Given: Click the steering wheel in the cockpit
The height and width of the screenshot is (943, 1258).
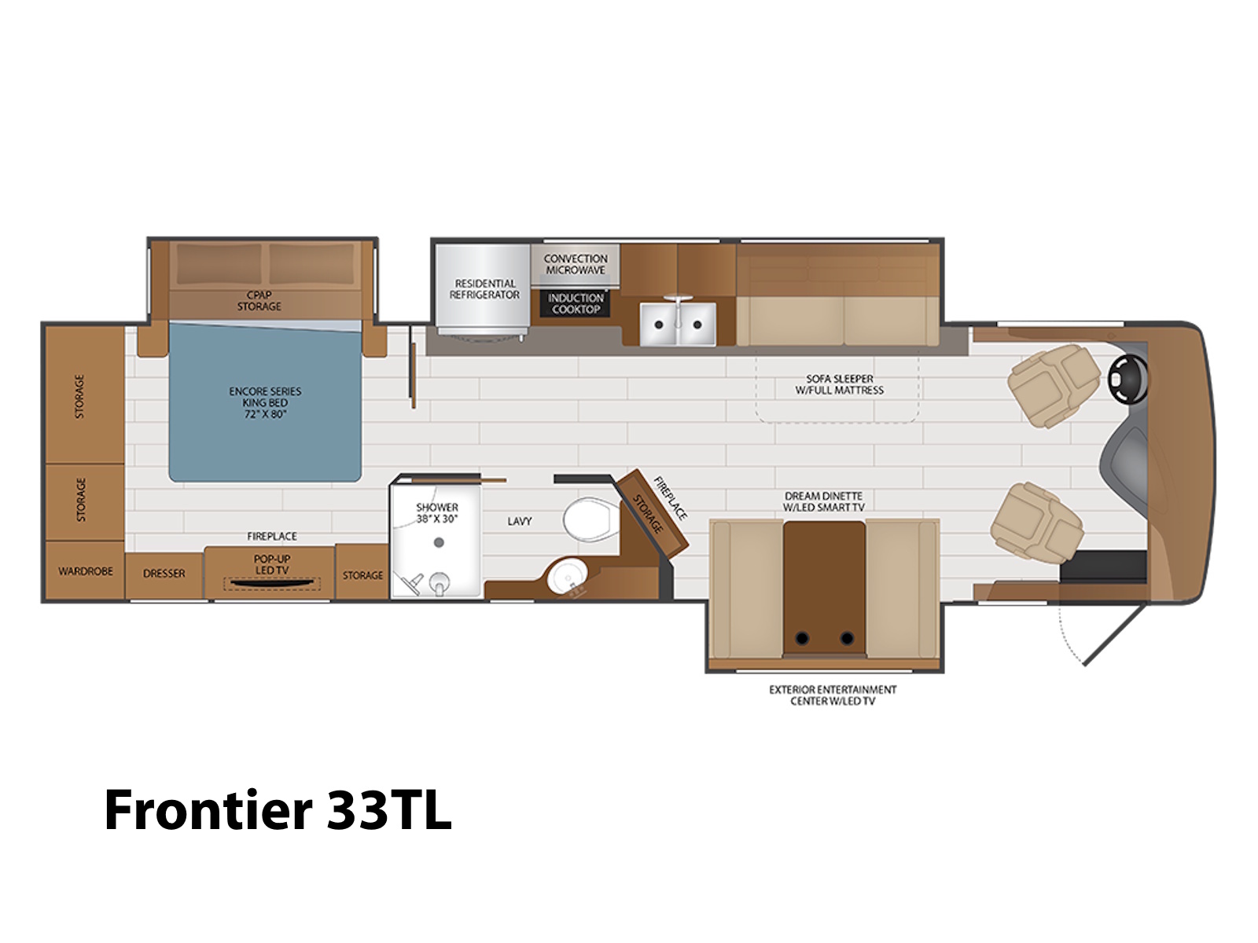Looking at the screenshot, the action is coord(1128,378).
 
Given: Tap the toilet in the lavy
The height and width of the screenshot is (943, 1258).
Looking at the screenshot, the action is coord(591,518).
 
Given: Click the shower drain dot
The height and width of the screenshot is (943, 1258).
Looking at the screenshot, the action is coord(439,542).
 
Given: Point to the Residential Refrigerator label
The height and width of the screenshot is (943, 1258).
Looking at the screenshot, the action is coord(484,289).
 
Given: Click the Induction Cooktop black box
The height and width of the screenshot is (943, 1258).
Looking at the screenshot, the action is coord(575,303).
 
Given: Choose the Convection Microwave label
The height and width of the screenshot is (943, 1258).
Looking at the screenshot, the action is coord(576,265).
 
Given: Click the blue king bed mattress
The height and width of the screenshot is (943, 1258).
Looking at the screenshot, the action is coord(265,402).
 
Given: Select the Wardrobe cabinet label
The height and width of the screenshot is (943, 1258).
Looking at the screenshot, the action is coord(86,571).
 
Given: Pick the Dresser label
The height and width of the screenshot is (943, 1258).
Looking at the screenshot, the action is coord(164,573).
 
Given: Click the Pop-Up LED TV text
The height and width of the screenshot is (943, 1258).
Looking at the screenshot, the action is coord(272,564).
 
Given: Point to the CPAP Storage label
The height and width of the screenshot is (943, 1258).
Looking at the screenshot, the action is coord(259,301).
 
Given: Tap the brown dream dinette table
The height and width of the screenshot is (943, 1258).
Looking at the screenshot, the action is coord(824,588).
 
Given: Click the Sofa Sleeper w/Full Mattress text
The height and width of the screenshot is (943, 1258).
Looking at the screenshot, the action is coord(840,385).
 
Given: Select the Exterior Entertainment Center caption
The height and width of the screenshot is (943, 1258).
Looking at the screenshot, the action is coord(833,695).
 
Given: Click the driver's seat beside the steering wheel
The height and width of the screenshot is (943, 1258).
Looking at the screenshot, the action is coord(1054,385).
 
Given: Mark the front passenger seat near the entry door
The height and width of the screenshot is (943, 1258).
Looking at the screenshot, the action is coord(1037,523).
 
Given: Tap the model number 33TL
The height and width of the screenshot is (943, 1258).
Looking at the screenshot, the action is coord(389,809).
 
